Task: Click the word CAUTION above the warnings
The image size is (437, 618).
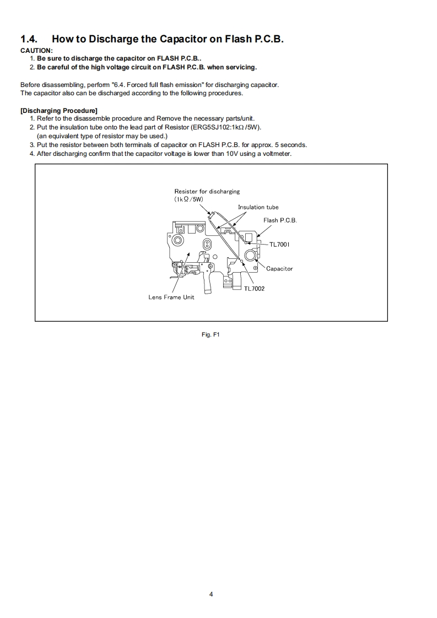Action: [x=36, y=51]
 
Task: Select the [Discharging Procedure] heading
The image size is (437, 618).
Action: [x=59, y=111]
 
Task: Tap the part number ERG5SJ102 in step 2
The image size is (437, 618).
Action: [x=208, y=127]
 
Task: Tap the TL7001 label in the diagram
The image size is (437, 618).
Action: [x=279, y=244]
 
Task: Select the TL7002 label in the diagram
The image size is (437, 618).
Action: [x=254, y=288]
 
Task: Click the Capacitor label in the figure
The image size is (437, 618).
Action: [x=279, y=269]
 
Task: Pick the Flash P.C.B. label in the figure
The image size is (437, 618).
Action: [x=280, y=220]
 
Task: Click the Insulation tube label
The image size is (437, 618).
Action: [x=258, y=207]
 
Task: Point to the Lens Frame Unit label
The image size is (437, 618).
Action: [x=171, y=297]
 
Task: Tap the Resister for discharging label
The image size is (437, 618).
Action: [x=207, y=192]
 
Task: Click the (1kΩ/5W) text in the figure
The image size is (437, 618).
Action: [x=188, y=199]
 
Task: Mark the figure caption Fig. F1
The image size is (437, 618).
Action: [x=211, y=334]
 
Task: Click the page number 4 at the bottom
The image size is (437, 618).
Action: [x=211, y=594]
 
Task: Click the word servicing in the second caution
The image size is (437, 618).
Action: [x=239, y=67]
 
